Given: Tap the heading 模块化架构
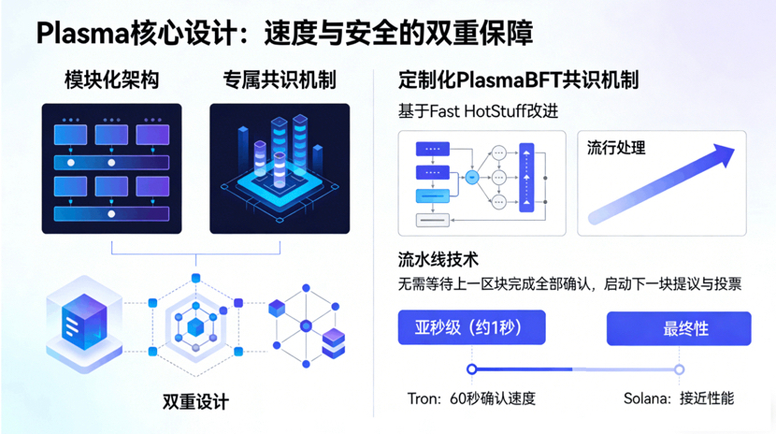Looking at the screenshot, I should click(111, 80).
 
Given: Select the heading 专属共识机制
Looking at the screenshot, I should click(280, 80).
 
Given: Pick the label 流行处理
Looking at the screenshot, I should click(616, 148).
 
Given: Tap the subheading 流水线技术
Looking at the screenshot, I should click(438, 259).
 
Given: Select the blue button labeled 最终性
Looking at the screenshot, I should click(679, 328).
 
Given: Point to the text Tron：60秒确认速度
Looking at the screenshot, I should click(471, 398).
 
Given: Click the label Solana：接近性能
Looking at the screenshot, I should click(679, 398).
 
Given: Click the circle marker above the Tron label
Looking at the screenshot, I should click(471, 369).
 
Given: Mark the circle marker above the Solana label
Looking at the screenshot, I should click(680, 369).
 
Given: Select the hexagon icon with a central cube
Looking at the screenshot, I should click(195, 325).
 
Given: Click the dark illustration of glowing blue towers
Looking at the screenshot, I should click(280, 167).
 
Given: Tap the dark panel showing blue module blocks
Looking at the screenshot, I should click(111, 167).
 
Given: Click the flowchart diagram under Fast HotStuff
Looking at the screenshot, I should click(481, 181).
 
